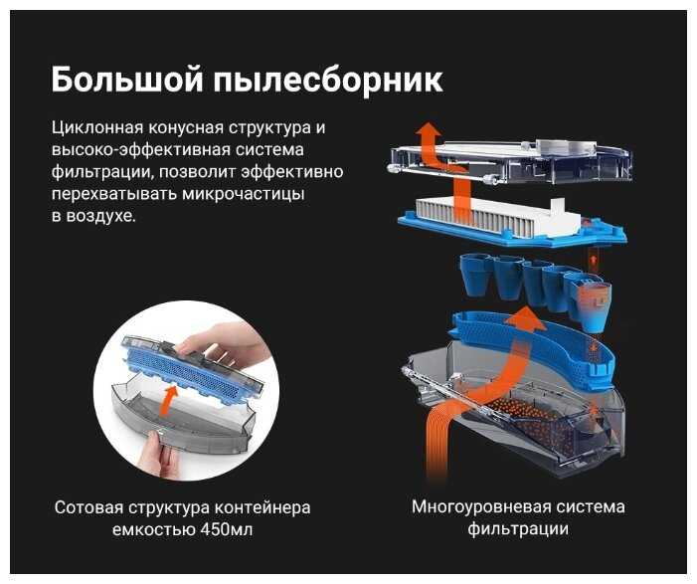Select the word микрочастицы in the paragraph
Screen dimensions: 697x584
pyautogui.click(x=244, y=195)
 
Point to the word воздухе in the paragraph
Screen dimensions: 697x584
pyautogui.click(x=100, y=217)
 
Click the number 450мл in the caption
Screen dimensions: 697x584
pyautogui.click(x=227, y=530)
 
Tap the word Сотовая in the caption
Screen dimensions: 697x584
pyautogui.click(x=88, y=508)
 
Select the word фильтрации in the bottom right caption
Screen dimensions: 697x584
pyautogui.click(x=518, y=529)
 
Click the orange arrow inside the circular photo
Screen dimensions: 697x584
pyautogui.click(x=169, y=401)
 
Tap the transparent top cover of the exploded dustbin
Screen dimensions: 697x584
pyautogui.click(x=511, y=160)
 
